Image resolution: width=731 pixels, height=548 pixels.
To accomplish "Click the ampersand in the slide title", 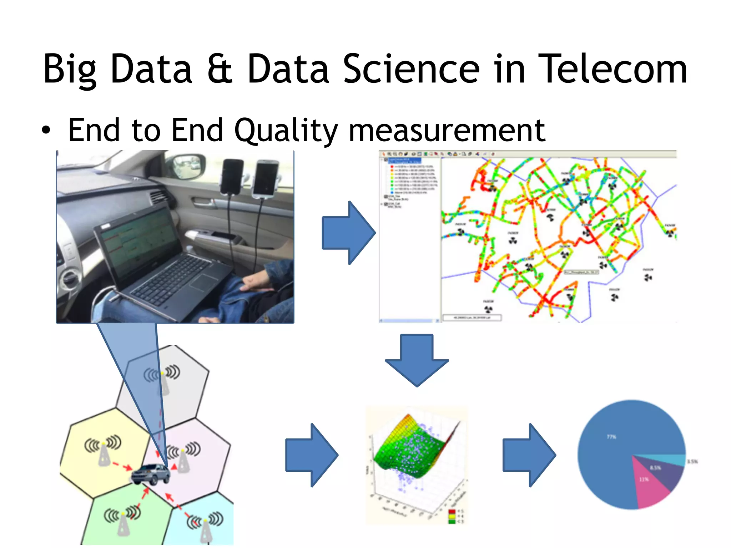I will click(220, 69).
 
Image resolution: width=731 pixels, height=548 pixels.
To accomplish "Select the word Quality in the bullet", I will click(286, 131).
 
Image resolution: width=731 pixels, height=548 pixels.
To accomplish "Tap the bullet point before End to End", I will click(46, 130).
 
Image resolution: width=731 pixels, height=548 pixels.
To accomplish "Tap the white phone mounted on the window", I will click(266, 179).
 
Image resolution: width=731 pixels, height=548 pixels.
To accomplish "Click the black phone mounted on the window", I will click(232, 177).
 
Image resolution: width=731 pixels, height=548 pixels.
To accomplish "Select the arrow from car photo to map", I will click(348, 233).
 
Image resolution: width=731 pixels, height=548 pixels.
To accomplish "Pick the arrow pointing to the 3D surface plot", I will click(311, 455).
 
